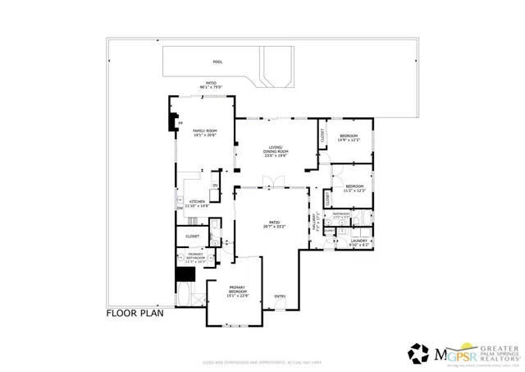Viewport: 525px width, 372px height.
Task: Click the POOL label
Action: pyautogui.click(x=217, y=62)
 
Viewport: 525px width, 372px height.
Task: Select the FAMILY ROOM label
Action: pyautogui.click(x=204, y=131)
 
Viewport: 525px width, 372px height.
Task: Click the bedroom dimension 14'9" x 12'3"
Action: pyautogui.click(x=349, y=140)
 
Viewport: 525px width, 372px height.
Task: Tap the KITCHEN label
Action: pyautogui.click(x=198, y=201)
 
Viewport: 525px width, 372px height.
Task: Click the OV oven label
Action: pyautogui.click(x=215, y=185)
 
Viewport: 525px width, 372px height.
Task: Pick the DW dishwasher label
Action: pyautogui.click(x=180, y=209)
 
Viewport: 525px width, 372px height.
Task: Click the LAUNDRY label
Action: pyautogui.click(x=359, y=241)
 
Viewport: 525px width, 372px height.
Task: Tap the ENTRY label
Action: pyautogui.click(x=281, y=296)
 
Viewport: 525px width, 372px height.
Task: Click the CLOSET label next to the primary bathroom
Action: pyautogui.click(x=193, y=236)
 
